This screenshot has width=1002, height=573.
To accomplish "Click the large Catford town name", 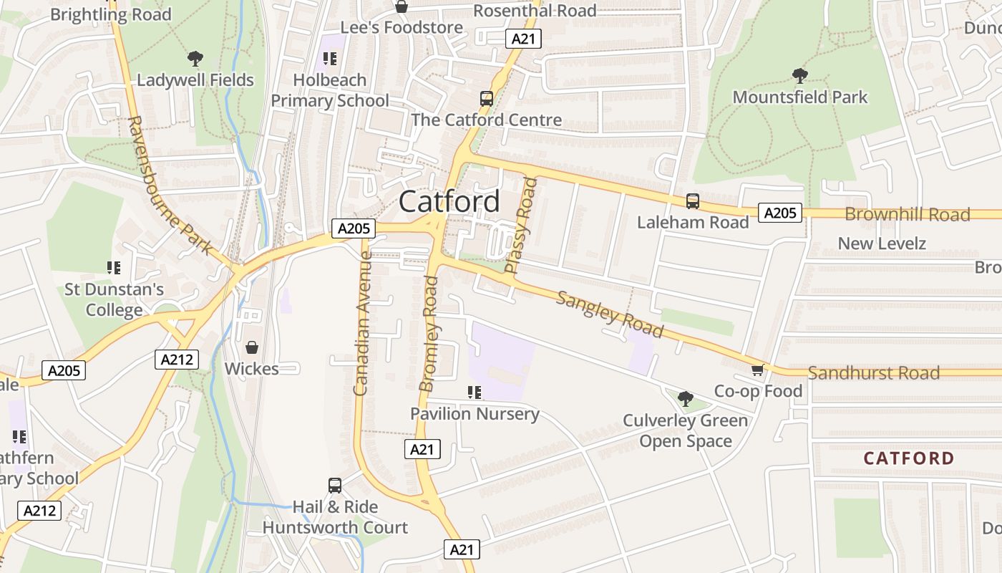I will pyautogui.click(x=449, y=201).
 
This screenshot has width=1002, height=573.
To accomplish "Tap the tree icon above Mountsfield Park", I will pyautogui.click(x=799, y=75).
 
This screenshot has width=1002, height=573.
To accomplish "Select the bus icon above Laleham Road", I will pyautogui.click(x=692, y=201).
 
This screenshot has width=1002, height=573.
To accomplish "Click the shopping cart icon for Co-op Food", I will pyautogui.click(x=757, y=370).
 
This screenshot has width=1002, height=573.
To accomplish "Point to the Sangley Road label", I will pyautogui.click(x=610, y=314).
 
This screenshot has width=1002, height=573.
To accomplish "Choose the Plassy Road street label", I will pyautogui.click(x=520, y=226).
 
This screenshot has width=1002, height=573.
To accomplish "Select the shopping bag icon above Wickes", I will pyautogui.click(x=252, y=347).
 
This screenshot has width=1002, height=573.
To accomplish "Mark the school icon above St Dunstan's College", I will pyautogui.click(x=113, y=268).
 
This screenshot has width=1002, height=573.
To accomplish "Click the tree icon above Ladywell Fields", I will pyautogui.click(x=195, y=59).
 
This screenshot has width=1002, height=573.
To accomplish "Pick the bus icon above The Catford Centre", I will pyautogui.click(x=486, y=99).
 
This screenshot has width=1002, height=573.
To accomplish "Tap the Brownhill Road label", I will pyautogui.click(x=907, y=214).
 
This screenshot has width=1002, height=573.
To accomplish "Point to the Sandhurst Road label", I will pyautogui.click(x=873, y=372).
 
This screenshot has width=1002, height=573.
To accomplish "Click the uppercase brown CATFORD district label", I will pyautogui.click(x=908, y=458).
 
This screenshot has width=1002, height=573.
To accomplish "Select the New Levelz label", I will pyautogui.click(x=882, y=244).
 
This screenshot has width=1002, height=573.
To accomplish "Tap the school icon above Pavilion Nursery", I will pyautogui.click(x=474, y=393).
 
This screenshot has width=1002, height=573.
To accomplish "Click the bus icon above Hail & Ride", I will pyautogui.click(x=334, y=486).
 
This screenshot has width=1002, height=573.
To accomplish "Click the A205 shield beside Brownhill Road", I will pyautogui.click(x=780, y=213).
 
